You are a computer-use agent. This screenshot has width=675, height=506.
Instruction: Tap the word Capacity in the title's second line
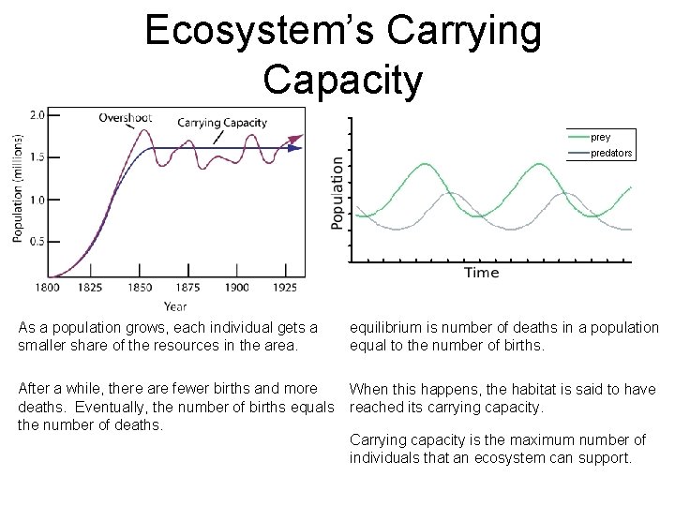click(x=343, y=79)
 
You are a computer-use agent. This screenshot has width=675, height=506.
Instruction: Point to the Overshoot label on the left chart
click(x=126, y=118)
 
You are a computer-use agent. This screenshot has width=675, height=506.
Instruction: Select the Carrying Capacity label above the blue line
click(x=222, y=123)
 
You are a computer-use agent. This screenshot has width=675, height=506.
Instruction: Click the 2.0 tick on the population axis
click(x=37, y=115)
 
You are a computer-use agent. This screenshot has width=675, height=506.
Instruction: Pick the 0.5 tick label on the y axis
click(x=37, y=241)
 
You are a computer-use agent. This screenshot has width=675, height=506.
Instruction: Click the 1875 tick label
click(x=189, y=288)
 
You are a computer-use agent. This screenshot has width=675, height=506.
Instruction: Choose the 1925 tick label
click(x=286, y=288)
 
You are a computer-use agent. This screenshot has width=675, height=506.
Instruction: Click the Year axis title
click(x=174, y=305)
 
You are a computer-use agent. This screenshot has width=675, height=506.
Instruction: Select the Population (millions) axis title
click(x=18, y=187)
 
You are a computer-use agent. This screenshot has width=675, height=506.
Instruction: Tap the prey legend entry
click(x=600, y=138)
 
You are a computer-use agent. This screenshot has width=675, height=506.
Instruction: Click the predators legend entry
click(x=611, y=153)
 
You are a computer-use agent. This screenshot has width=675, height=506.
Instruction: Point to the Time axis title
click(x=481, y=273)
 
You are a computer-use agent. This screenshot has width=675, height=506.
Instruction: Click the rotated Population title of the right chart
click(x=337, y=192)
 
